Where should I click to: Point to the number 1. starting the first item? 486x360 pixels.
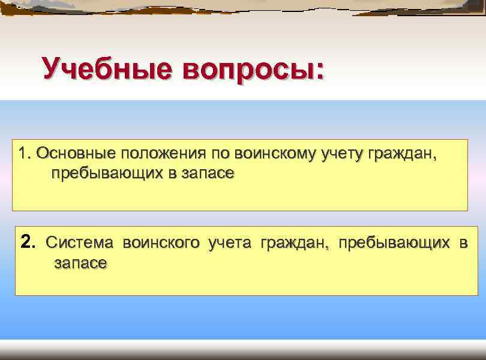point(25,154)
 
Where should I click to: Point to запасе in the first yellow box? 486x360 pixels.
point(206,174)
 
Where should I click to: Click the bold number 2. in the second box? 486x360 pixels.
point(29,242)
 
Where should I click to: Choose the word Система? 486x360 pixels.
point(79,243)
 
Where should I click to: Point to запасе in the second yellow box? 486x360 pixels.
point(80,263)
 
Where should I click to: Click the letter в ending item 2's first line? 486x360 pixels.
point(463,243)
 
